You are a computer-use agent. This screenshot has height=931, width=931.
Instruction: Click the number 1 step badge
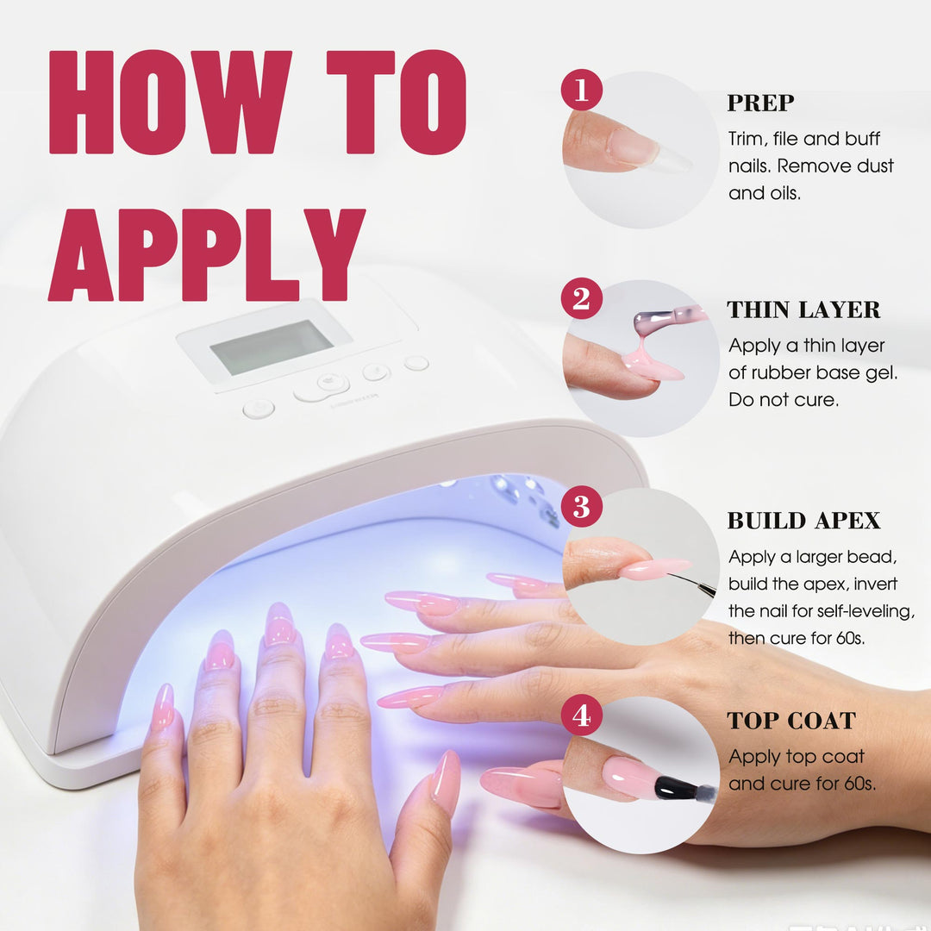(x=581, y=90)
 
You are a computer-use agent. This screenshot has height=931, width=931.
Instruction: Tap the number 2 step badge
(x=581, y=298)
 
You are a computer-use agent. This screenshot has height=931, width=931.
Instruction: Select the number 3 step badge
(x=581, y=507)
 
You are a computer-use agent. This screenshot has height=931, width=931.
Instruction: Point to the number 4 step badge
(x=581, y=715)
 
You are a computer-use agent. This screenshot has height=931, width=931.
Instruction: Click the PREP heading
(x=760, y=103)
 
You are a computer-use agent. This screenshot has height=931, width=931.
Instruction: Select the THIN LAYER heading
(x=803, y=309)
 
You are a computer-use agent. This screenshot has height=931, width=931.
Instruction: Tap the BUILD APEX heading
(x=803, y=520)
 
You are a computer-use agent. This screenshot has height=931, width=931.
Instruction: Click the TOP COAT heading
(x=791, y=720)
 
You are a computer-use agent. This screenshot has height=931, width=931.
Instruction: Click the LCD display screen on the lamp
(x=272, y=347)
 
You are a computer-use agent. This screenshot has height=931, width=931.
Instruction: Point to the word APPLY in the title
(x=207, y=254)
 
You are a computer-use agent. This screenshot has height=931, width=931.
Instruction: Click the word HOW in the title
(x=171, y=102)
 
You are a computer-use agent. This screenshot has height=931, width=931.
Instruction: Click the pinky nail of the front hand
(x=163, y=707)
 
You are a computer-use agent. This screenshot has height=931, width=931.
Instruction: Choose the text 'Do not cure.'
(x=783, y=400)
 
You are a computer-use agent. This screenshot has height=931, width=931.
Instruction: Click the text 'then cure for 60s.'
(x=797, y=638)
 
